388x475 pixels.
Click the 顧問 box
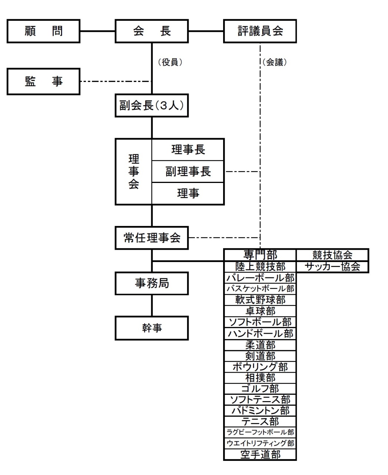point(43,31)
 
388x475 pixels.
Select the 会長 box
point(152,31)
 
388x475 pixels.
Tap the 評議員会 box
point(260,31)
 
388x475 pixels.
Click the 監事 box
point(43,81)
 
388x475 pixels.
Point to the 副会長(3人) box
point(152,106)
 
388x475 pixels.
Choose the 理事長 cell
point(188,150)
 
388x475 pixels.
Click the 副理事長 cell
point(188,171)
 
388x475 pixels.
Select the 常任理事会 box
point(152,237)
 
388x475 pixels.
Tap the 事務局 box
point(152,284)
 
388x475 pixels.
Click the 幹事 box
point(152,328)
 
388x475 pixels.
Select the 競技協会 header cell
point(332,255)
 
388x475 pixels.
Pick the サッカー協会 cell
point(332,267)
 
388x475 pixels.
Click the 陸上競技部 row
point(260,267)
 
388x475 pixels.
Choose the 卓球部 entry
point(260,311)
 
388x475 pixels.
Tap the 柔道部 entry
point(260,345)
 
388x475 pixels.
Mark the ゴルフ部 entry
point(260,389)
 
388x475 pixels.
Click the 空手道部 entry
point(260,455)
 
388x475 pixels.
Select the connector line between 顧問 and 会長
point(98,31)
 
